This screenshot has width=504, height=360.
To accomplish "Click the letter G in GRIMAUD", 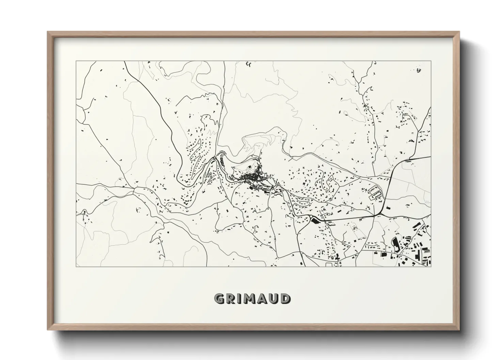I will (220, 299).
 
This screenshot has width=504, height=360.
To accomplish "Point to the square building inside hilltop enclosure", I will (250, 167).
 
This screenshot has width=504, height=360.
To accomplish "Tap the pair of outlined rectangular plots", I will (375, 192).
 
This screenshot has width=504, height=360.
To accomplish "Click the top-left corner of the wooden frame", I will (48, 32).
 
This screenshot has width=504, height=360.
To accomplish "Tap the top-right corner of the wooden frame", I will (459, 32).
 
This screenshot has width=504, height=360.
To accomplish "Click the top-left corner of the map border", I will (76, 61).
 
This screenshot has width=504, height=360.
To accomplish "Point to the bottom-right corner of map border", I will (431, 266).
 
